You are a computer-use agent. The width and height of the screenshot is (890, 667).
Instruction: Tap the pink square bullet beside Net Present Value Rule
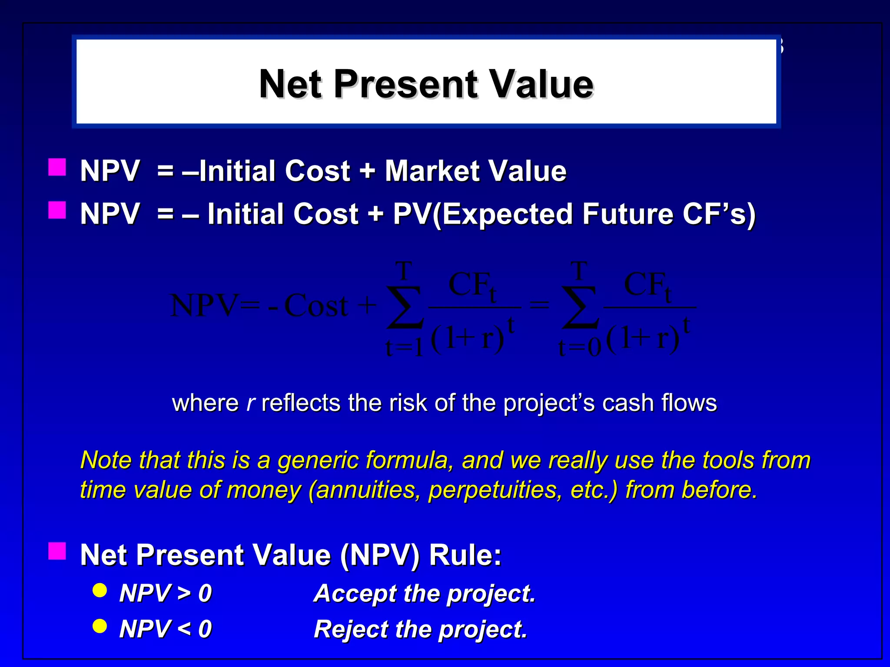[57, 551]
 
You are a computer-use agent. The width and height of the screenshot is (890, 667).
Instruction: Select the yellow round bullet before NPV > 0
[100, 590]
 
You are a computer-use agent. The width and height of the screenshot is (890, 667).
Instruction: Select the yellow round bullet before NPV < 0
[100, 626]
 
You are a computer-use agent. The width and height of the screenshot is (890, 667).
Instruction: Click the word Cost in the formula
[316, 306]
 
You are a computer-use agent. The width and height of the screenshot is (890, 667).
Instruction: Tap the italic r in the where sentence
[250, 403]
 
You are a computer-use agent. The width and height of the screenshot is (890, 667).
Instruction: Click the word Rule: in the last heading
[465, 555]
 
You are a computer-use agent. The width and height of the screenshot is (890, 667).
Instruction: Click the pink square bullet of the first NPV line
[57, 167]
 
